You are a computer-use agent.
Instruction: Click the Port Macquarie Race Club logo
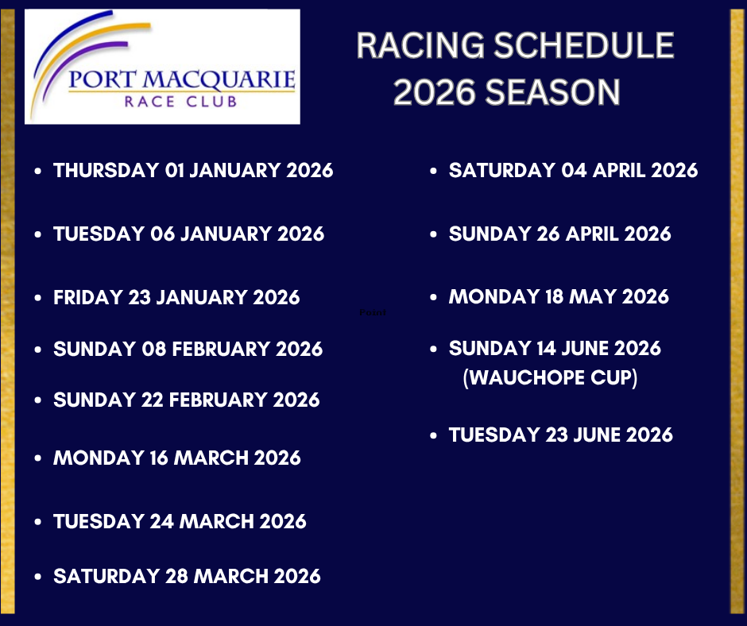pyautogui.click(x=162, y=67)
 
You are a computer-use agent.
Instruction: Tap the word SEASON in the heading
pyautogui.click(x=552, y=92)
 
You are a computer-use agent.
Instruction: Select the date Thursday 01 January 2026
pyautogui.click(x=193, y=171)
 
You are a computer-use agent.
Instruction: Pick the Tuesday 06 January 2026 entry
pyautogui.click(x=188, y=234)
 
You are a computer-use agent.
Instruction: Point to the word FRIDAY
pyautogui.click(x=88, y=297)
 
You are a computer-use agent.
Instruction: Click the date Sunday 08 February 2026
pyautogui.click(x=188, y=349)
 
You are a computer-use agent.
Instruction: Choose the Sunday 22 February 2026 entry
pyautogui.click(x=186, y=400)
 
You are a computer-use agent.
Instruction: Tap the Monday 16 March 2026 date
pyautogui.click(x=176, y=458)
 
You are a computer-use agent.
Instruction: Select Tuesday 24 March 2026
pyautogui.click(x=180, y=521)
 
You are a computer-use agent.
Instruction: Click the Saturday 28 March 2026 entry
pyautogui.click(x=187, y=576)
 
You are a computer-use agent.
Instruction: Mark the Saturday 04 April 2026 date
pyautogui.click(x=573, y=171)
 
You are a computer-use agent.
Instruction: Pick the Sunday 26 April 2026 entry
pyautogui.click(x=559, y=234)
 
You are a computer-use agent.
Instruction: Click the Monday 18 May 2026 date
pyautogui.click(x=559, y=297)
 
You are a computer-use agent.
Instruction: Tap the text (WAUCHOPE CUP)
pyautogui.click(x=550, y=378)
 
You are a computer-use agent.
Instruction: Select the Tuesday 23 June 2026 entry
pyautogui.click(x=561, y=435)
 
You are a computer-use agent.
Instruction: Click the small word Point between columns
pyautogui.click(x=373, y=312)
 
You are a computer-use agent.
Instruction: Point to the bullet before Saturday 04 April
pyautogui.click(x=433, y=171)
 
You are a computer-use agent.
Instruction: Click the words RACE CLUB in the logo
pyautogui.click(x=180, y=102)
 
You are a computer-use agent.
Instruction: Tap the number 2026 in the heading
pyautogui.click(x=435, y=92)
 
